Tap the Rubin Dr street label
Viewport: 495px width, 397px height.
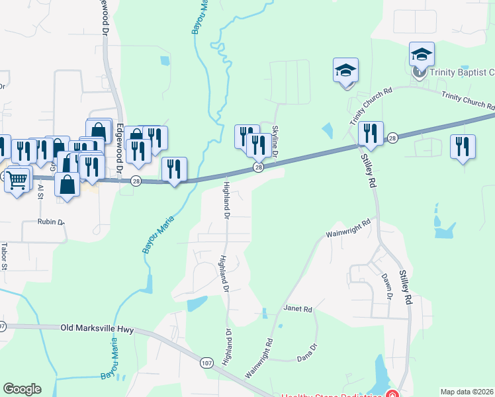click(50, 222)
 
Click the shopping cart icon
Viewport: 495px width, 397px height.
click(17, 178)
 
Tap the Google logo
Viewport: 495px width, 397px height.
click(22, 389)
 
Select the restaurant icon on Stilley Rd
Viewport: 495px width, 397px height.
click(371, 134)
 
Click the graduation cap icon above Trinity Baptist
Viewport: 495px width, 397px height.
click(422, 54)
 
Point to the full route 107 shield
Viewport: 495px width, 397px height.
click(206, 363)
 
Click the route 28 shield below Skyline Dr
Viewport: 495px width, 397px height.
click(259, 167)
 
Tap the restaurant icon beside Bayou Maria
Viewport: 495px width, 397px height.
click(174, 169)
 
